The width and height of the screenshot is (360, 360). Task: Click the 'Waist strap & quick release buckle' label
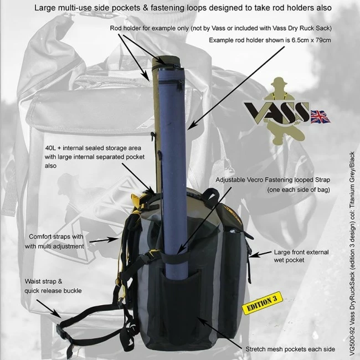[53, 286]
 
